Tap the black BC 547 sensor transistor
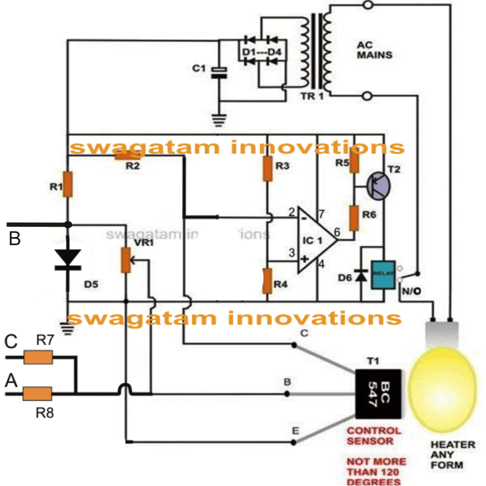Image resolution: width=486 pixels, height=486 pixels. coord(379,394)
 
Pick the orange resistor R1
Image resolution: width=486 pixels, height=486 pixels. coord(68,184)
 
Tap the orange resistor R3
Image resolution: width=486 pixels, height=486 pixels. coord(267,169)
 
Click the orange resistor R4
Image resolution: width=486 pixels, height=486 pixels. coord(266,281)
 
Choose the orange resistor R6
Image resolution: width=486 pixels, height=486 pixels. coord(354,218)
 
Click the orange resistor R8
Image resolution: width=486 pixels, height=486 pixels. coord(38,394)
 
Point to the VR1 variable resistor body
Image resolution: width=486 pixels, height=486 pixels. coord(126,261)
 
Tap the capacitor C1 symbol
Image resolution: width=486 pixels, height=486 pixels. coord(219,73)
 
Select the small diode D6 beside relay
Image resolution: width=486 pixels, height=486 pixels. coord(361,275)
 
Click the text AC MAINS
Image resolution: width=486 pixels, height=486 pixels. coord(375,50)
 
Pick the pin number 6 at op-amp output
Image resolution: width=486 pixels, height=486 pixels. coord(337,232)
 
